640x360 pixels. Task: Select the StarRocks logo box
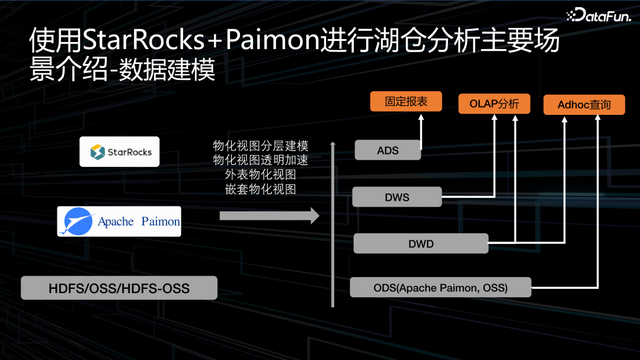(x=120, y=152)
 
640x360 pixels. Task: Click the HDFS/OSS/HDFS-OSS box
(x=119, y=290)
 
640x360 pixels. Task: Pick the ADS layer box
(x=388, y=150)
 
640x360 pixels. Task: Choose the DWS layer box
(x=396, y=197)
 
